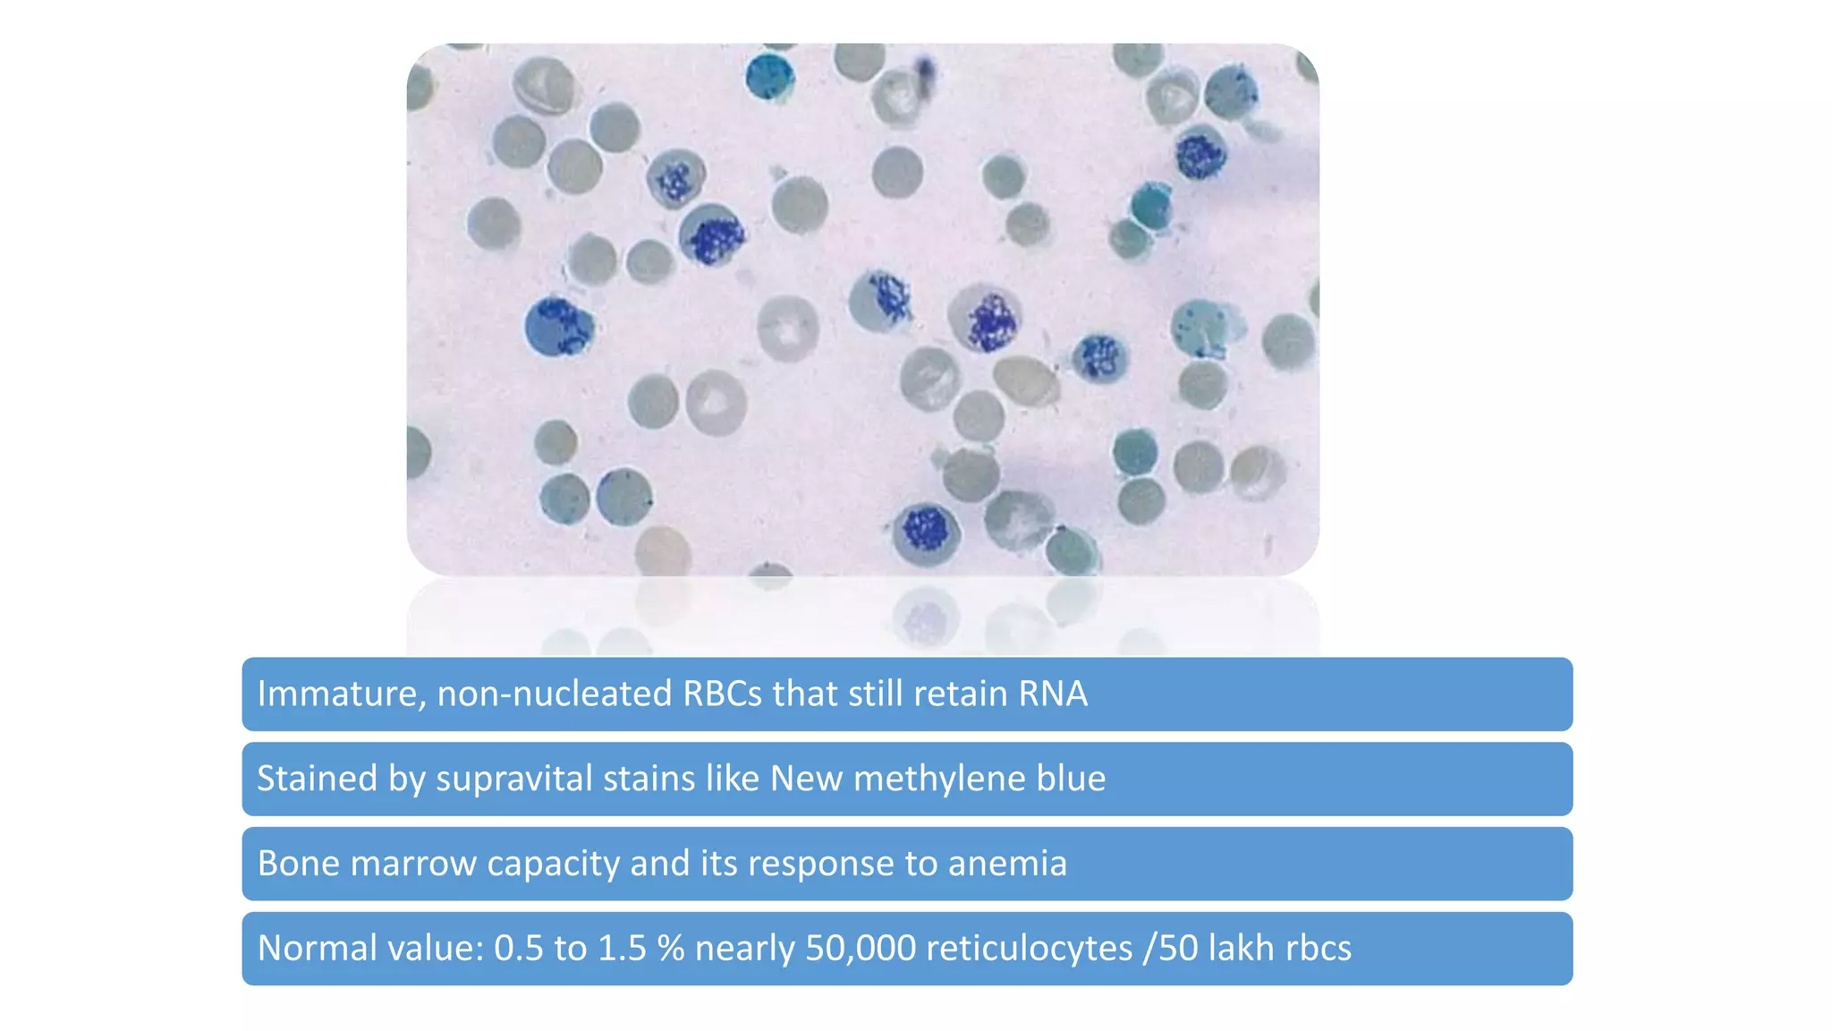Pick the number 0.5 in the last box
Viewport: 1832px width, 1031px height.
click(519, 949)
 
